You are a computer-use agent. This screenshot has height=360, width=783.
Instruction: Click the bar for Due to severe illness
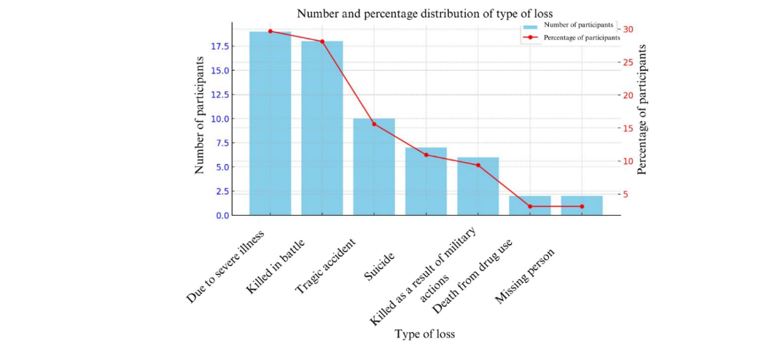coord(270,123)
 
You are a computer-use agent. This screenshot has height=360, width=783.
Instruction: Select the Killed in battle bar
coord(322,128)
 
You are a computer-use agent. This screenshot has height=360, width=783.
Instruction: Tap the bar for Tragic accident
coord(374,167)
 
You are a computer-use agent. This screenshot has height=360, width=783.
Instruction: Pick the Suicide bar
coord(426,181)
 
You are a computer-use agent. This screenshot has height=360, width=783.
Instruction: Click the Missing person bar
coord(582,206)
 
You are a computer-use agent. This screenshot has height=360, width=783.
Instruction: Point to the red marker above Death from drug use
coord(530,206)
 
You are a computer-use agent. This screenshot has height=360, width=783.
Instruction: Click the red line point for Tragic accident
coord(374,124)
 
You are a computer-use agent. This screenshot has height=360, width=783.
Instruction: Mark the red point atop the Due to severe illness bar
coord(270,31)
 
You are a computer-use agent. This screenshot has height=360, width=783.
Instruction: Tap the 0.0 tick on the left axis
coord(221,216)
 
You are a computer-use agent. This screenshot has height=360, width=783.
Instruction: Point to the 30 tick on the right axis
coord(628,29)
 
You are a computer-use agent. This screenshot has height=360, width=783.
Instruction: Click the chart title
coord(424,13)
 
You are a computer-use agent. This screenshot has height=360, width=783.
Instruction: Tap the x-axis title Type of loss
coord(424,334)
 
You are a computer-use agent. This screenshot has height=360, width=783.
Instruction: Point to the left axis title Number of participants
coord(200,121)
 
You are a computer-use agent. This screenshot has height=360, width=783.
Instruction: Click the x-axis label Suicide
coord(380,267)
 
